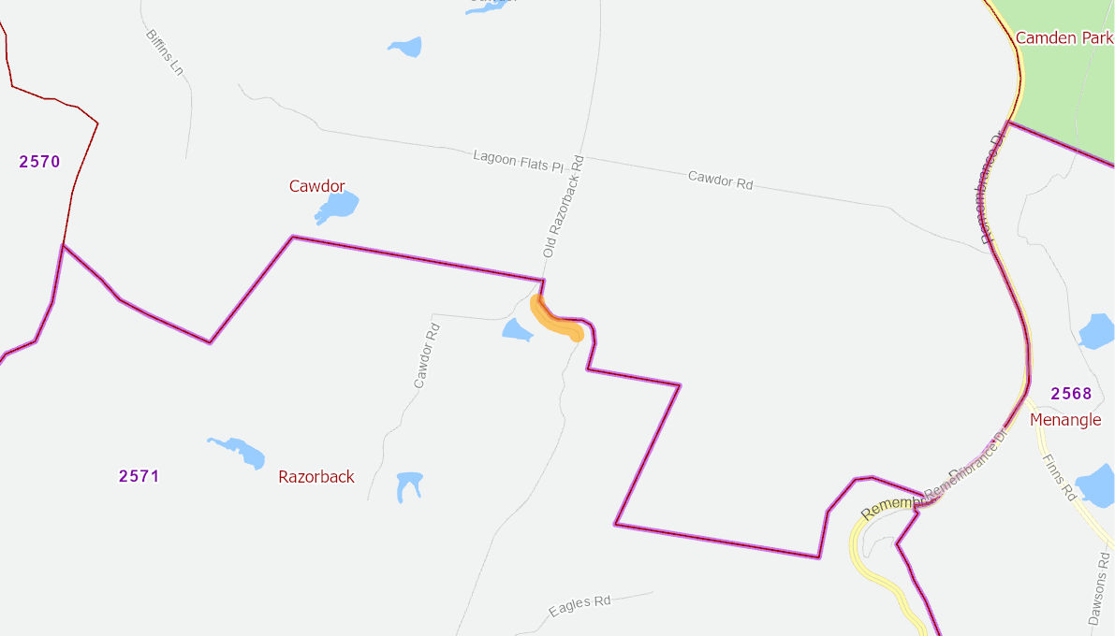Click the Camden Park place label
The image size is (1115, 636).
(x=1064, y=38)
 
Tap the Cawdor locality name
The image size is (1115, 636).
(x=316, y=186)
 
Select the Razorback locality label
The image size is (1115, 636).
(x=316, y=477)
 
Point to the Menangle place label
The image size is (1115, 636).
(x=1065, y=420)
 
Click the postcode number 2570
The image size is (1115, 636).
(x=39, y=162)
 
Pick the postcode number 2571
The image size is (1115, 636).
(x=139, y=476)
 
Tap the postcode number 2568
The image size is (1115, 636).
(x=1071, y=394)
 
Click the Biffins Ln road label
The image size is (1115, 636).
(x=164, y=52)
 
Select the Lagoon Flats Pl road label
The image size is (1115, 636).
(x=518, y=161)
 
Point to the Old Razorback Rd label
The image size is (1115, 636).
(x=564, y=207)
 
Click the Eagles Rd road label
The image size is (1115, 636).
(x=580, y=605)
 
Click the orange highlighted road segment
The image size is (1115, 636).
(x=556, y=320)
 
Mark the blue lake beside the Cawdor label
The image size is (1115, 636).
(x=338, y=207)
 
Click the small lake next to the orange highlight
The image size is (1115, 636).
(x=517, y=329)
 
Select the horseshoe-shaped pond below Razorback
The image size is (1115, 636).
(x=409, y=485)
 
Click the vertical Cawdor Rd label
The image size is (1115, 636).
(x=426, y=355)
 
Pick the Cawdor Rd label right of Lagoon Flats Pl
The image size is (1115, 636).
(x=720, y=180)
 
